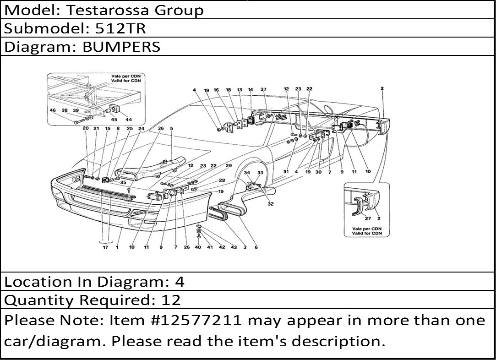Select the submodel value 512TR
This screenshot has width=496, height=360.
(120, 28)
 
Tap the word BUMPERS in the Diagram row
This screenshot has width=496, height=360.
(121, 47)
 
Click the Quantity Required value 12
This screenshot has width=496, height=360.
(171, 300)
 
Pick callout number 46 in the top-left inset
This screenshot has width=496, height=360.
(53, 110)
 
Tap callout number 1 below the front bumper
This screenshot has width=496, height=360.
(117, 247)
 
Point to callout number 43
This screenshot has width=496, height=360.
(234, 247)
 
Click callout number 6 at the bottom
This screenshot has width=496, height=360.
(256, 247)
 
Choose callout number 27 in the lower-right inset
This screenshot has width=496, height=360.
(368, 218)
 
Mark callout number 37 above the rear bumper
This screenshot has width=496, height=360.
(263, 89)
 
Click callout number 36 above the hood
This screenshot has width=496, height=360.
(161, 129)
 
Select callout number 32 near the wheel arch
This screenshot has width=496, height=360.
(271, 204)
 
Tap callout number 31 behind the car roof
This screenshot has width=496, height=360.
(286, 172)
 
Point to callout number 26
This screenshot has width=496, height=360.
(187, 247)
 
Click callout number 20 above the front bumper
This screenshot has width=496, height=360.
(86, 129)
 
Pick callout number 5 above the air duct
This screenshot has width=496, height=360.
(172, 129)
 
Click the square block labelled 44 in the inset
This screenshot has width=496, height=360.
(114, 109)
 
